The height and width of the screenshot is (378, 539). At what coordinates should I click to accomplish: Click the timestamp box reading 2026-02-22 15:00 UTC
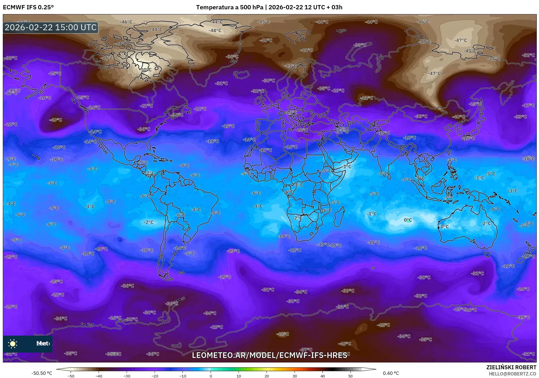point(51,27)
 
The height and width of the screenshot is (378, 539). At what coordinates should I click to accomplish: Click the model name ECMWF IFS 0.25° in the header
point(28,7)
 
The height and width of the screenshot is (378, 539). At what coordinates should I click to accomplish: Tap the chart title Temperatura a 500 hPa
point(230,7)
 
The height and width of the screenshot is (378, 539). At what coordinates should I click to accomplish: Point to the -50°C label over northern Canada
point(146,69)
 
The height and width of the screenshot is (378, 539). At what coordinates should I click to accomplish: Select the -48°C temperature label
point(215,31)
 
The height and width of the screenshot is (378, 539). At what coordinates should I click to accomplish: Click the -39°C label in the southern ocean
point(348,291)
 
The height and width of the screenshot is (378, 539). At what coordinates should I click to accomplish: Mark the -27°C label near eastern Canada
point(147,106)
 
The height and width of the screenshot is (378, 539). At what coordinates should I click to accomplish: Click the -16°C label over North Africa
point(292,147)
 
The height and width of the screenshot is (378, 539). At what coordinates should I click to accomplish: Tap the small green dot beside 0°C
point(408,221)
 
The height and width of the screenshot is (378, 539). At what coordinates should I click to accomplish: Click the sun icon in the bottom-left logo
point(13,344)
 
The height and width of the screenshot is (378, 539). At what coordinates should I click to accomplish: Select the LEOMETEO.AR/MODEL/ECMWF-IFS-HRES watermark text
point(269,355)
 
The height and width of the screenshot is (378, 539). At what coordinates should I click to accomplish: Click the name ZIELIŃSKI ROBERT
point(511,367)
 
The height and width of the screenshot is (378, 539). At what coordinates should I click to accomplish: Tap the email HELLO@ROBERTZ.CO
point(512,374)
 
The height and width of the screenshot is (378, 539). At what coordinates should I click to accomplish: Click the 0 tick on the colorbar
point(211,376)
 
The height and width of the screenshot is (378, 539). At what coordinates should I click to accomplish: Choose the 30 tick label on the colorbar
point(295,376)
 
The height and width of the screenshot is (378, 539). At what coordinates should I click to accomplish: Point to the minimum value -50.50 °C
point(42,373)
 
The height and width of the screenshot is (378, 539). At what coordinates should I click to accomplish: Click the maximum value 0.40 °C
point(391,373)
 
